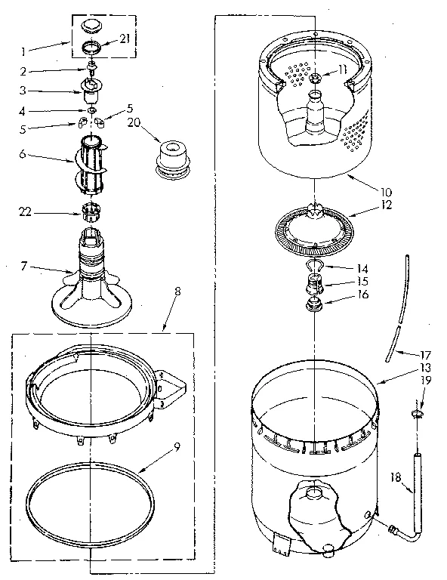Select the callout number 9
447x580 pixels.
coord(176,445)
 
